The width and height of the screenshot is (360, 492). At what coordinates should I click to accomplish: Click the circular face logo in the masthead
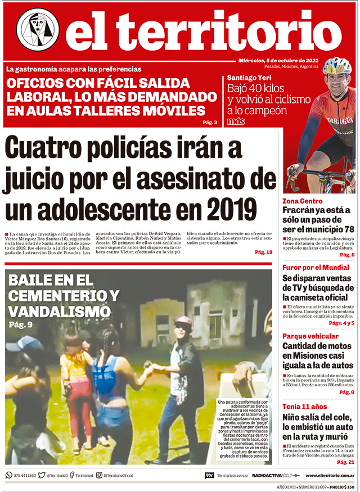pos(38,29)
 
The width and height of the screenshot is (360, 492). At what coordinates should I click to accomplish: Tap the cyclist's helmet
pos(336,66)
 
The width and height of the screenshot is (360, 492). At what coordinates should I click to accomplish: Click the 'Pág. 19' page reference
pos(263,252)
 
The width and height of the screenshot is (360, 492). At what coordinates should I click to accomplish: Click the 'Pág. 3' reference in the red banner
pos(210,123)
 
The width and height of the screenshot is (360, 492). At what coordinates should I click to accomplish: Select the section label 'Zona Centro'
pos(302,201)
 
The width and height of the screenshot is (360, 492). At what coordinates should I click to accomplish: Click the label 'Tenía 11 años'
pos(305,407)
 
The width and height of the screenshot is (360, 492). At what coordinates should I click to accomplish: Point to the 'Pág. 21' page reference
pos(345,462)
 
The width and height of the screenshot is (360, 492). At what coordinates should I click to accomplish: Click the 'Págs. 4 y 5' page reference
pos(341,323)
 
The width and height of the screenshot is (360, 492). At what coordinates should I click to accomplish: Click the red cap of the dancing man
pos(183,322)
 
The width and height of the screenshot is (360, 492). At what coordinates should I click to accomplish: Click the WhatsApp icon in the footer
pos(9,475)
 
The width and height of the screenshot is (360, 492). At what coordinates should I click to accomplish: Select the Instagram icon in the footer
pos(99,475)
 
